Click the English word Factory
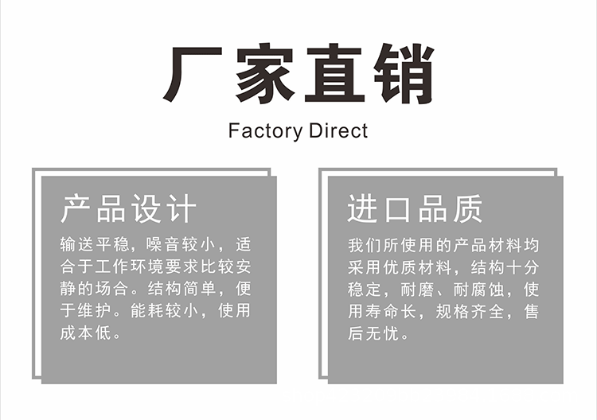click(263, 131)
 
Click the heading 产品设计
click(128, 208)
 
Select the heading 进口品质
click(415, 208)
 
